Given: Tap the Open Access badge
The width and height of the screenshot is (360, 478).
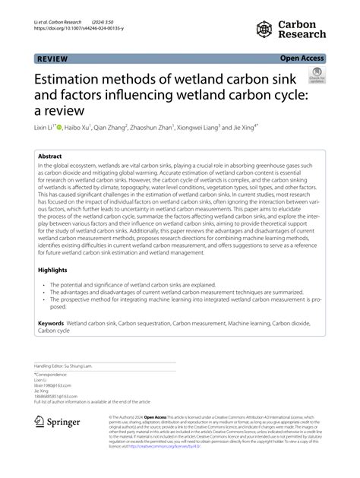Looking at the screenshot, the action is point(302,58).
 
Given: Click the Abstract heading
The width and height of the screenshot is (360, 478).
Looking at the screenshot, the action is point(50,156).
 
